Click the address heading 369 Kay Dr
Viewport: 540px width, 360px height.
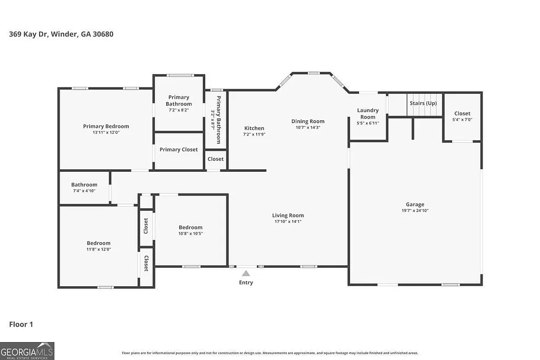tap(61, 34)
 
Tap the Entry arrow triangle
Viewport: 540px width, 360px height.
tap(246, 273)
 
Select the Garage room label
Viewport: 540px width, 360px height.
tap(414, 205)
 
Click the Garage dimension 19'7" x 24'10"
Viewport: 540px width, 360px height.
tap(414, 211)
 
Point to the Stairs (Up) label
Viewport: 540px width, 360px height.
tap(423, 103)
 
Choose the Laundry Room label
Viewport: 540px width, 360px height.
tap(368, 114)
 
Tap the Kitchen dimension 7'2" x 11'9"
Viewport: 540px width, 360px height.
tap(254, 134)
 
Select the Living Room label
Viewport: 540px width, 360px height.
tap(287, 215)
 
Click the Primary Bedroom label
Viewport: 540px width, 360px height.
tap(105, 126)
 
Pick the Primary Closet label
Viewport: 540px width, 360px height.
tap(179, 150)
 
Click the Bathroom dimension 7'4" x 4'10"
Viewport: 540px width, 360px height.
tap(84, 191)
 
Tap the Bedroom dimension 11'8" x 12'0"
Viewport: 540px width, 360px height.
tap(99, 249)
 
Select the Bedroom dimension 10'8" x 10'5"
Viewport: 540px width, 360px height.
tap(190, 233)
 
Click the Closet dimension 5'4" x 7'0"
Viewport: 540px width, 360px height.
tap(462, 120)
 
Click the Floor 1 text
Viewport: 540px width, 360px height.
tap(21, 325)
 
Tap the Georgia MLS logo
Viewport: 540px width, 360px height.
tap(27, 351)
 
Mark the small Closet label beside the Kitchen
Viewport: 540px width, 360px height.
tap(215, 159)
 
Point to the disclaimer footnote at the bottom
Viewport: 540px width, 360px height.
tap(269, 353)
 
